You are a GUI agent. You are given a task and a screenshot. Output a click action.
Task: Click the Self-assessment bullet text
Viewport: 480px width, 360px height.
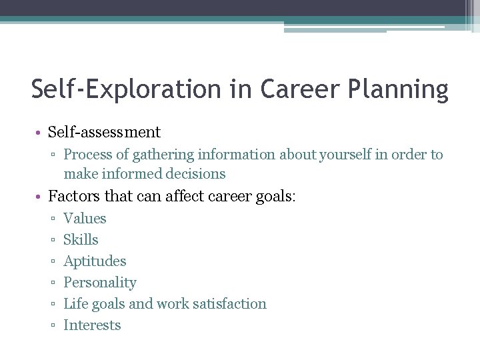[x=105, y=132]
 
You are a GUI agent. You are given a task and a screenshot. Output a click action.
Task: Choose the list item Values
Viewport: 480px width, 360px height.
[x=85, y=218]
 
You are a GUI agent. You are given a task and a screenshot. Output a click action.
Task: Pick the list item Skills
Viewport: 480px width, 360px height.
[x=81, y=239]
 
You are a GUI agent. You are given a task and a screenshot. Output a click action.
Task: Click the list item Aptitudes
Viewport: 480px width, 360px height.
[x=95, y=261]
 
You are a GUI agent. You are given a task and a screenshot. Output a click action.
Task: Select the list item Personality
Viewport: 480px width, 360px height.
[x=99, y=283]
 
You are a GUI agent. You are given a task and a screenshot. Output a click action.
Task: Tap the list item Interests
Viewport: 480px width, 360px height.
[x=92, y=325]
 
